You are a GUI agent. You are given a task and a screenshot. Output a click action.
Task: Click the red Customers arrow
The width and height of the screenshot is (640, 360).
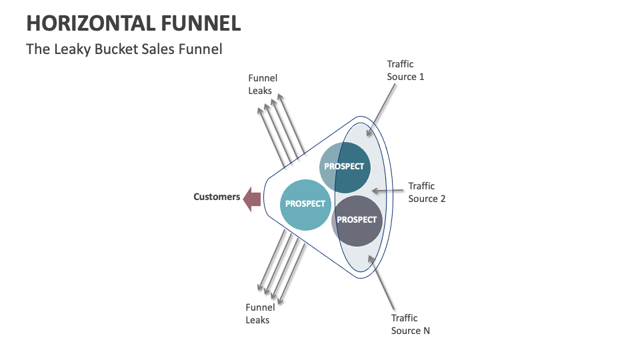coord(251,199)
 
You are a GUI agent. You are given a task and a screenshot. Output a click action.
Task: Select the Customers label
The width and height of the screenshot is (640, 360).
coord(217,197)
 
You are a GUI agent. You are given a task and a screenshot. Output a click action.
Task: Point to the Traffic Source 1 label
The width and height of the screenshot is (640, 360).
coord(405,70)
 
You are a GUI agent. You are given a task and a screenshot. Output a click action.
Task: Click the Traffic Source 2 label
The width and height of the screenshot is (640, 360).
coord(427,192)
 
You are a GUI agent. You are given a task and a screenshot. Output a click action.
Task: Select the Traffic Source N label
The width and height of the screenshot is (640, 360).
coord(410,324)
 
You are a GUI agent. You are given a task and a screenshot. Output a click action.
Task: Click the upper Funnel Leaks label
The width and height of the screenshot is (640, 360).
coord(263,84)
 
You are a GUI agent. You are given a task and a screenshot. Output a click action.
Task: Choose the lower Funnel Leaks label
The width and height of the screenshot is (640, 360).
coord(260,313)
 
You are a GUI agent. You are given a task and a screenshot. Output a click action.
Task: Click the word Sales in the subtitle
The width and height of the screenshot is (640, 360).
coord(157,49)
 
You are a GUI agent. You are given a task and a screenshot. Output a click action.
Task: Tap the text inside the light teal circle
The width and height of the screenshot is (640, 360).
coord(305,203)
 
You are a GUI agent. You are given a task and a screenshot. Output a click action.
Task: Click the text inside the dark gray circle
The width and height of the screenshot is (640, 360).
coord(357,219)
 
